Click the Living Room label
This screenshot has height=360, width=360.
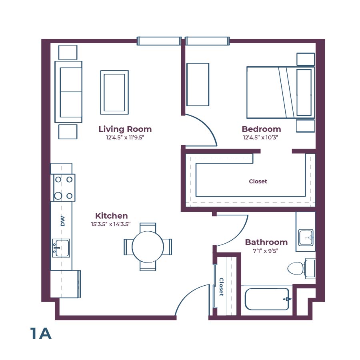[125, 129]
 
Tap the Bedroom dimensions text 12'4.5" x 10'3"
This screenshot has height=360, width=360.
[261, 137]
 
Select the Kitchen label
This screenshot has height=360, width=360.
[111, 216]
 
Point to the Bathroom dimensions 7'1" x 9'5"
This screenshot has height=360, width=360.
[266, 251]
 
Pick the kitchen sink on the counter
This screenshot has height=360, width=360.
[61, 248]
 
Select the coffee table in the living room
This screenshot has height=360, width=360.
[114, 92]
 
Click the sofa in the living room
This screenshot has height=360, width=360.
[68, 91]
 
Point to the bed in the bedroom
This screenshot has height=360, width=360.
[280, 92]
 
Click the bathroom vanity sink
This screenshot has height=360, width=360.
[306, 237]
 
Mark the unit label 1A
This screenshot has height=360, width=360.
[41, 333]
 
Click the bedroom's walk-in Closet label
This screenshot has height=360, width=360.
[258, 181]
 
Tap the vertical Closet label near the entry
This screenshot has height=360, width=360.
[221, 287]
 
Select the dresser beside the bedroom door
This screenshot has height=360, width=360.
[198, 84]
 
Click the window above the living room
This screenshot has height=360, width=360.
[159, 41]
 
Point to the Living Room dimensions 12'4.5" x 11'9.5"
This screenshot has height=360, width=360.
[125, 137]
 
